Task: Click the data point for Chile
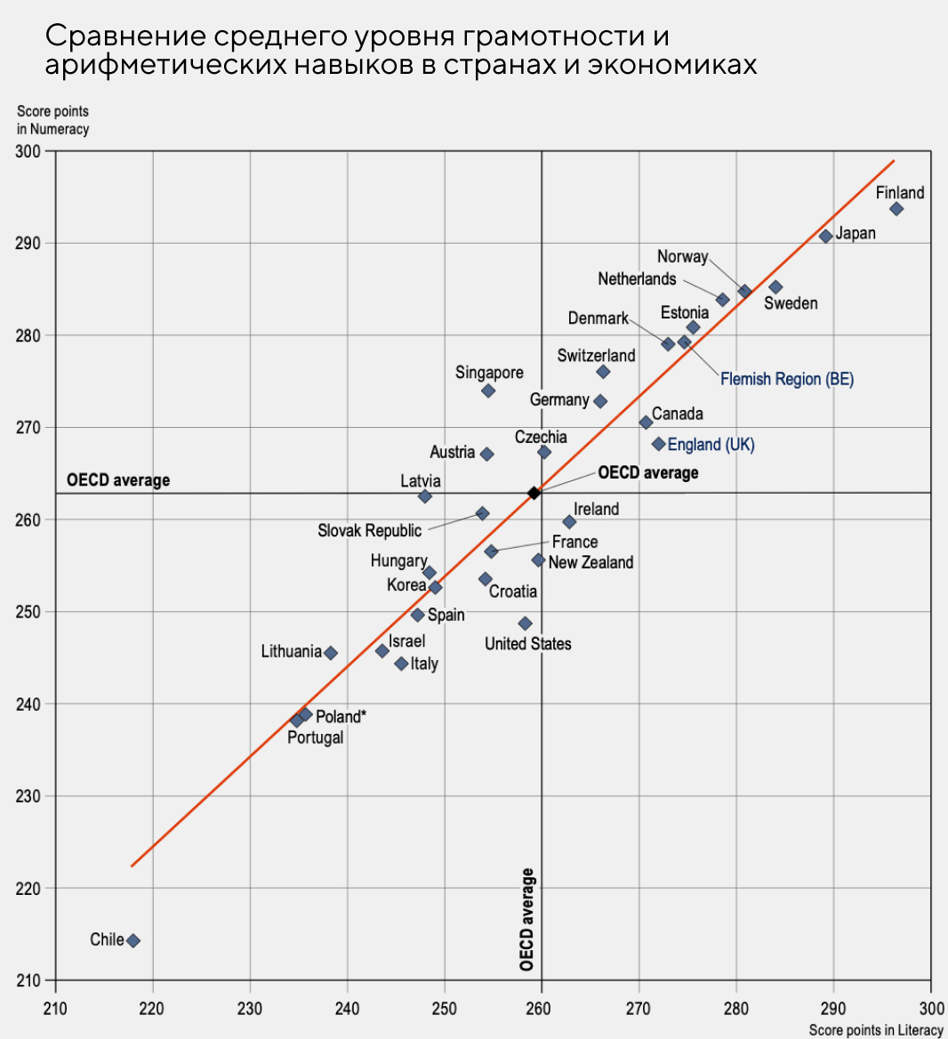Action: pyautogui.click(x=133, y=940)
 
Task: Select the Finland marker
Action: pyautogui.click(x=896, y=209)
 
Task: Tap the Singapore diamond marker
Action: pyautogui.click(x=488, y=391)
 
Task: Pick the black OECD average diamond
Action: pyautogui.click(x=534, y=493)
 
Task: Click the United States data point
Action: pyautogui.click(x=525, y=624)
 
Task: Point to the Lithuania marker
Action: pyautogui.click(x=331, y=653)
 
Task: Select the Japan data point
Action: pyautogui.click(x=826, y=236)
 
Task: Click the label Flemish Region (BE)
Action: pyautogui.click(x=786, y=379)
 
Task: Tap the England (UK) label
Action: pyautogui.click(x=711, y=444)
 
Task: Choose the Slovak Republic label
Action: pyautogui.click(x=369, y=530)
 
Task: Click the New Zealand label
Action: pyautogui.click(x=590, y=562)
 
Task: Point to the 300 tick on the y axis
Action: pyautogui.click(x=28, y=151)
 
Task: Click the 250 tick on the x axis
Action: pyautogui.click(x=445, y=1008)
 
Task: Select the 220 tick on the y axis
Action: pyautogui.click(x=28, y=888)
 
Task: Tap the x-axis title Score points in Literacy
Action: pyautogui.click(x=875, y=1030)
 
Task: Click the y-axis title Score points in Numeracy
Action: pyautogui.click(x=53, y=120)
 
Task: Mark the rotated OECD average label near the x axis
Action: pyautogui.click(x=526, y=920)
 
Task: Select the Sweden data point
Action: pyautogui.click(x=775, y=287)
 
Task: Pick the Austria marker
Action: pyautogui.click(x=486, y=454)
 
